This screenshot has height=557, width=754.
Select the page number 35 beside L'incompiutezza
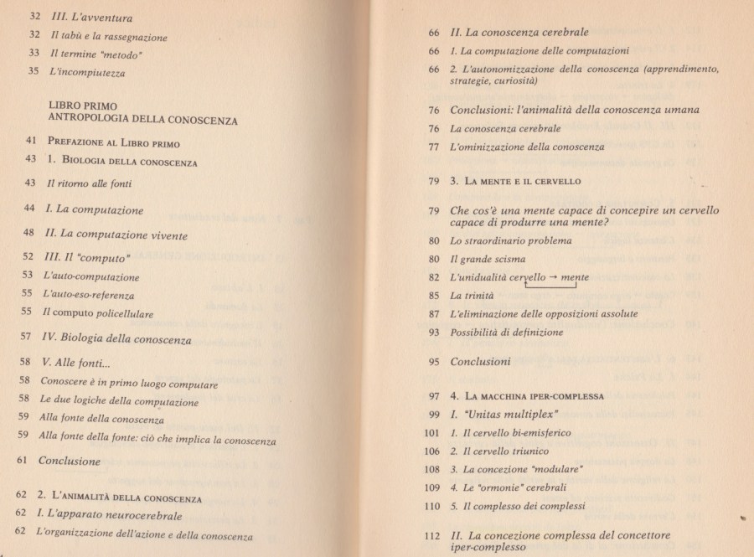click(33, 73)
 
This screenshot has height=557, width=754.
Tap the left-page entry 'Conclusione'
click(70, 460)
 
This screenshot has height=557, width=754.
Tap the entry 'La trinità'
click(472, 296)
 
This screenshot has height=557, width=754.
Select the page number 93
click(434, 333)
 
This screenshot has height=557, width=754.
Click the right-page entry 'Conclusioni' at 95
click(480, 362)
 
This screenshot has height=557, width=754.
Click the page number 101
click(432, 433)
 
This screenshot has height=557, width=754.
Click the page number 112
click(432, 534)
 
